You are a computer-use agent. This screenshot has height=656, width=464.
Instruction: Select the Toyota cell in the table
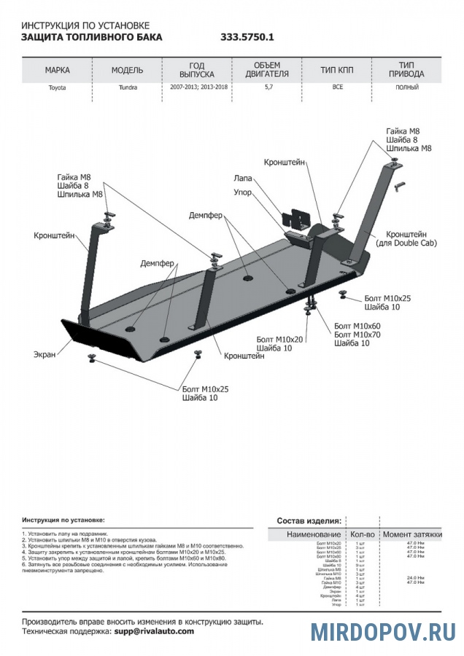click(x=57, y=87)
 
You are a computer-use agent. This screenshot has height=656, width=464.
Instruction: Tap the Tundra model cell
click(x=126, y=87)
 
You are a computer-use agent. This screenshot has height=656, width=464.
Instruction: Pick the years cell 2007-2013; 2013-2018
click(x=196, y=87)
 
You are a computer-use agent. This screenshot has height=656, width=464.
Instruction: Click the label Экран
click(x=45, y=354)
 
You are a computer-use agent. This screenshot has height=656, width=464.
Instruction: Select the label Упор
click(x=243, y=192)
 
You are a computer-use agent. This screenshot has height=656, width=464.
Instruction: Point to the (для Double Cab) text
click(x=406, y=243)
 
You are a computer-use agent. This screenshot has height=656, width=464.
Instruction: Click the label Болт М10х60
click(x=357, y=325)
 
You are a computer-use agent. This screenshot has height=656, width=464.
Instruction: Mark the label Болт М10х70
click(x=357, y=334)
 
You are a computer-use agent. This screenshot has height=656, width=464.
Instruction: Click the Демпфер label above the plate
click(x=206, y=216)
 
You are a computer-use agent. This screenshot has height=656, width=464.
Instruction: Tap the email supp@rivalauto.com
click(x=154, y=631)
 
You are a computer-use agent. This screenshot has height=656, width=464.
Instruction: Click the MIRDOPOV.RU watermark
click(x=382, y=630)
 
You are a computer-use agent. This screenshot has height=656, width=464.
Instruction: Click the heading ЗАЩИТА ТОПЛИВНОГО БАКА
click(x=92, y=36)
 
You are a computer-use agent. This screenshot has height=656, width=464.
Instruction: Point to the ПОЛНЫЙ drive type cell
click(x=407, y=87)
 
